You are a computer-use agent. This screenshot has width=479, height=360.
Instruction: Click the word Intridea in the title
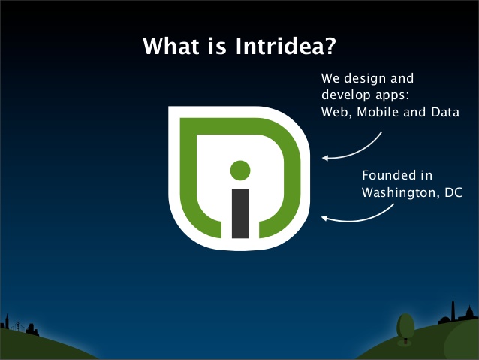[285, 46]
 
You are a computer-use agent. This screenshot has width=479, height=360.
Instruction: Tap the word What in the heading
[171, 46]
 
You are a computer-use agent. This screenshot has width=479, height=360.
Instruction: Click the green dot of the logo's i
[240, 171]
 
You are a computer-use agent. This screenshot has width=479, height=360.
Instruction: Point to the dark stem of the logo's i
[240, 213]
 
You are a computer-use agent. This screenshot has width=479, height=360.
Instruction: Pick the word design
[365, 79]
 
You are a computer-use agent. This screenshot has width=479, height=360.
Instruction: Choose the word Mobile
[378, 112]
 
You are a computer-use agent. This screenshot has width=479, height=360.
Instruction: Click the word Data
[445, 112]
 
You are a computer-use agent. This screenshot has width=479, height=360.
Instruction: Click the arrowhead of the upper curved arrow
[325, 158]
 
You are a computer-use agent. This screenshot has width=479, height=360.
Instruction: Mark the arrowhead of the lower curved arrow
[324, 218]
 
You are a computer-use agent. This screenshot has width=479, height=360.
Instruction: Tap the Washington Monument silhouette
[453, 310]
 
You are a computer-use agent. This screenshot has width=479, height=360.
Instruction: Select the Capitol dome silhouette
[469, 313]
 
